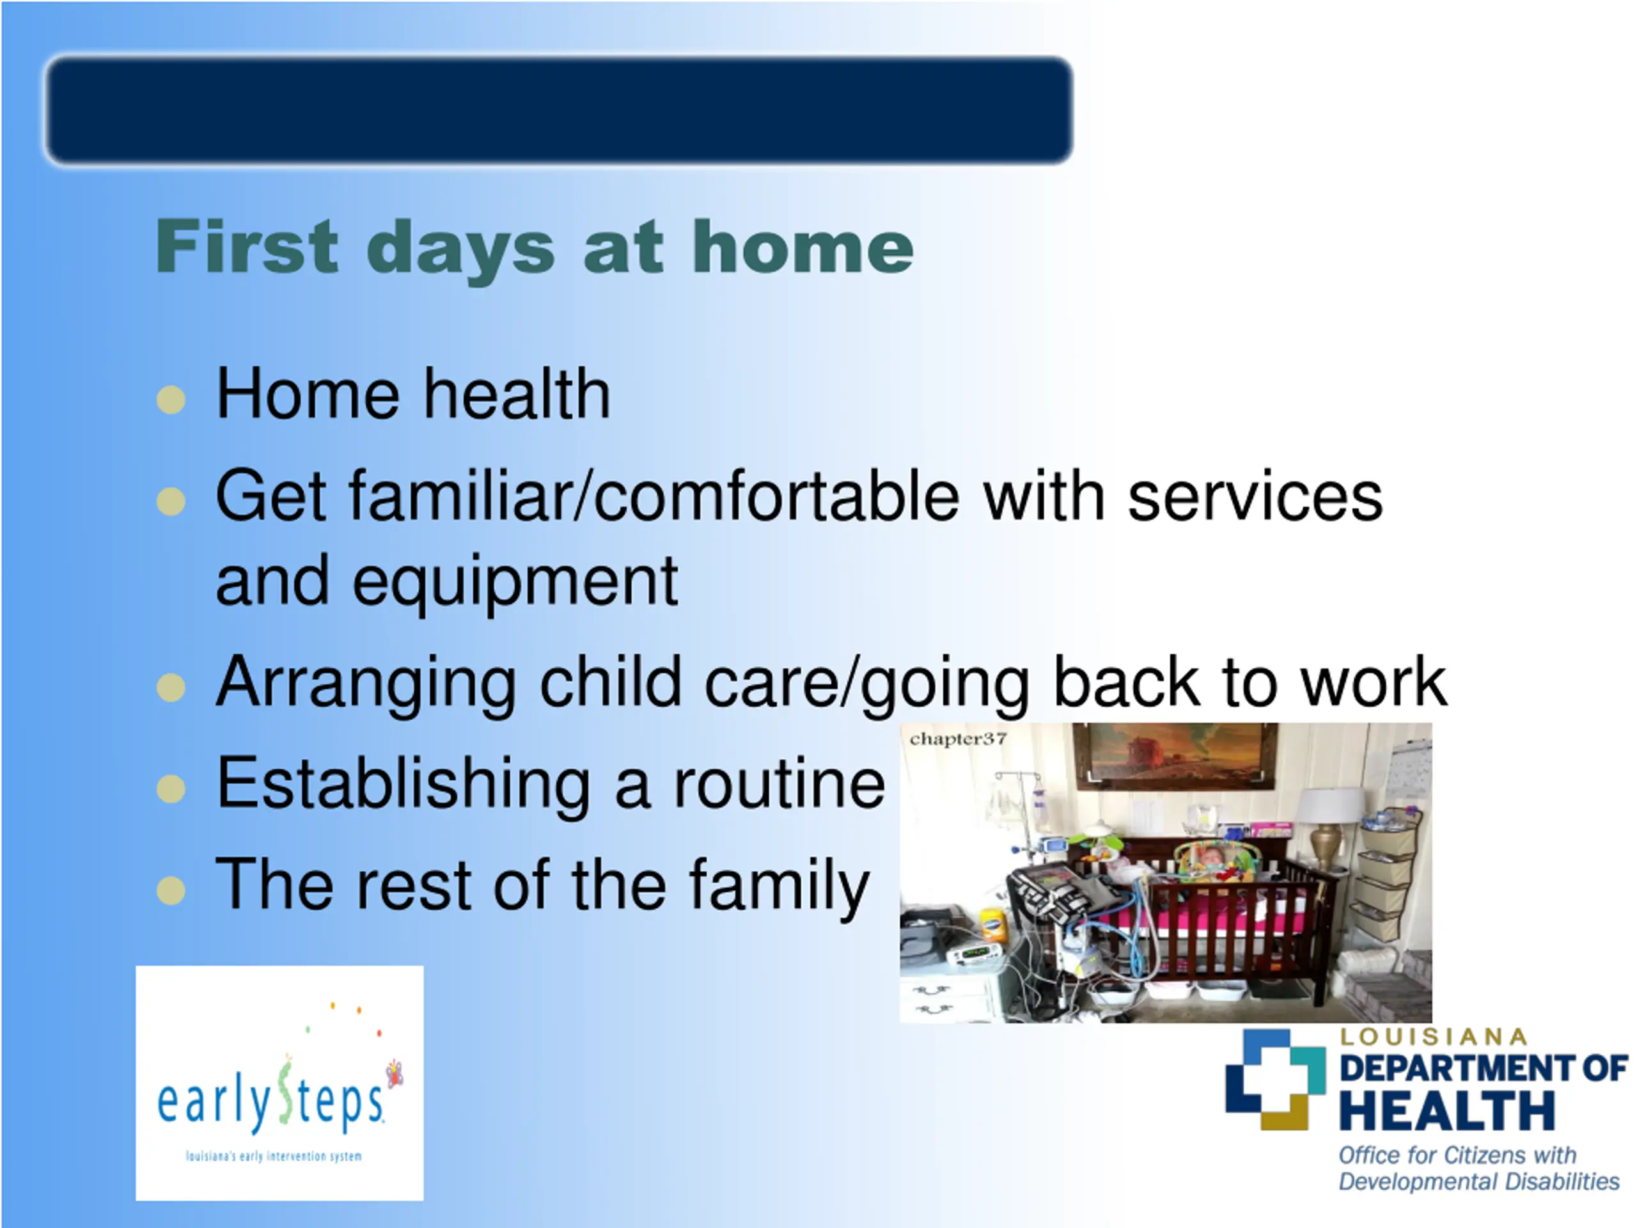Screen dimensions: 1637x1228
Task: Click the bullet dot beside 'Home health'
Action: (171, 400)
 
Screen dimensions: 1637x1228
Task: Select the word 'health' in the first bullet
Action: (517, 394)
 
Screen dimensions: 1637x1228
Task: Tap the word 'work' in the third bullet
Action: (1374, 682)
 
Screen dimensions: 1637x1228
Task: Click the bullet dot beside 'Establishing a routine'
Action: (171, 789)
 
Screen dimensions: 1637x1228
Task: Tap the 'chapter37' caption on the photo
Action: (958, 739)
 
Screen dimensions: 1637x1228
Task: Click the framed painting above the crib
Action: (1175, 756)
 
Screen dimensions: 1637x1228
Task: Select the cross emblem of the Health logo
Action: (1275, 1079)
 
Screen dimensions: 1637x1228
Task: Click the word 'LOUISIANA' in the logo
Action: (1434, 1037)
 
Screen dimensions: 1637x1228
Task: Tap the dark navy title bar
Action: (559, 109)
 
